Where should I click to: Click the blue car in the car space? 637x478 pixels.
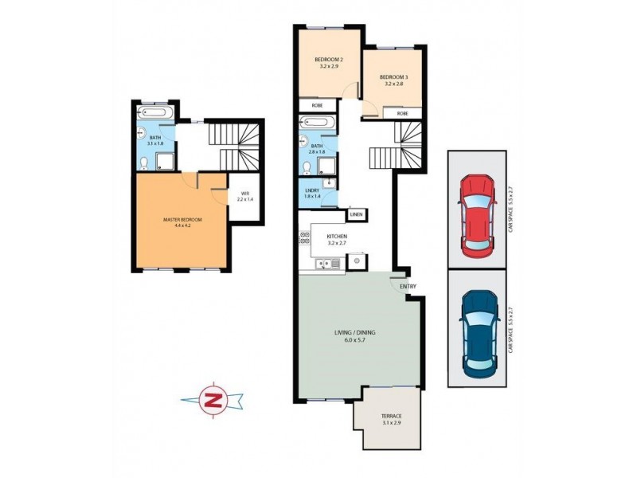click(479, 335)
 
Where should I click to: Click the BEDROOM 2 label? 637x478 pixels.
click(328, 61)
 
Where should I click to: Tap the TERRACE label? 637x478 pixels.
click(390, 416)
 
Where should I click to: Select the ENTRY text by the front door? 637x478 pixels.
click(408, 286)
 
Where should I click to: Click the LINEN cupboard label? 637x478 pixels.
click(356, 214)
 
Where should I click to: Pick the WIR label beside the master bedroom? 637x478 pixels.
click(244, 193)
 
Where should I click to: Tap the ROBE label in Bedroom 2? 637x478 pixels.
click(316, 105)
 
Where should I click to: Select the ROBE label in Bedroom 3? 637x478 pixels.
click(403, 114)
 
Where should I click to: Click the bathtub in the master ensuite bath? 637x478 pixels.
click(154, 112)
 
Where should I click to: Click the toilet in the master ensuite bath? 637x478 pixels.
click(143, 163)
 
